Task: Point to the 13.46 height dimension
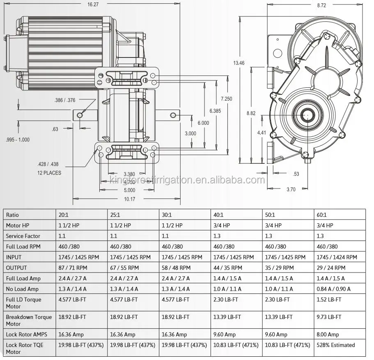239,63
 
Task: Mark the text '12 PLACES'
49,173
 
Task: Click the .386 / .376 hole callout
65,100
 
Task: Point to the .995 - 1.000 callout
18,140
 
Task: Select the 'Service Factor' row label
23,236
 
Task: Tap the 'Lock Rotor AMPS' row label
26,335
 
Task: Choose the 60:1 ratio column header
321,215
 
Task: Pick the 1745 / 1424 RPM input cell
337,257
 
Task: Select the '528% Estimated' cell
335,345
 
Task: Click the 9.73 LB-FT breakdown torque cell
329,317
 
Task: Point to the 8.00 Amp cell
328,335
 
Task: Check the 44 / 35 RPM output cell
228,268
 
